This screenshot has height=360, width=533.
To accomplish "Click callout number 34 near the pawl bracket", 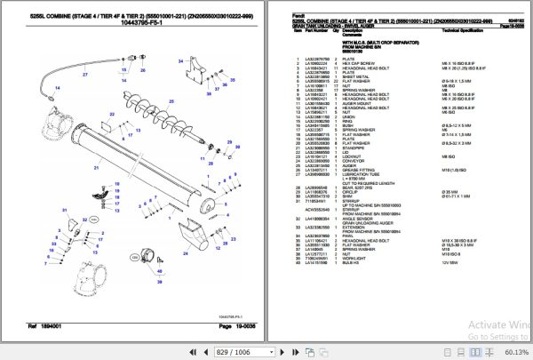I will click(x=181, y=59).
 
